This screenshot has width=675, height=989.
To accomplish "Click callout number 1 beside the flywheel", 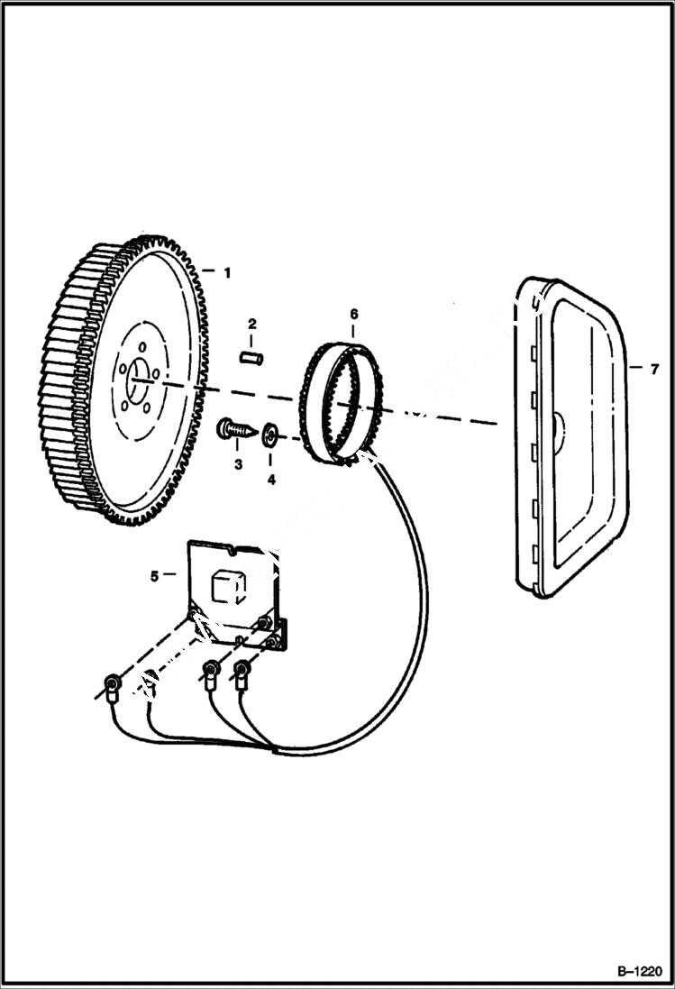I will [228, 271].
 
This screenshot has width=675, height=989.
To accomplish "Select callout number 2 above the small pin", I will [252, 324].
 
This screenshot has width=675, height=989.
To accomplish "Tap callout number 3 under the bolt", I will [239, 465].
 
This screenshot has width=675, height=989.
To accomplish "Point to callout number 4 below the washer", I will [270, 480].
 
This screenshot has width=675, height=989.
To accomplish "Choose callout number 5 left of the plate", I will [154, 574].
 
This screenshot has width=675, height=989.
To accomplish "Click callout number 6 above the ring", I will [354, 314].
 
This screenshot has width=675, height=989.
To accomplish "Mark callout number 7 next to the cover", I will [655, 368].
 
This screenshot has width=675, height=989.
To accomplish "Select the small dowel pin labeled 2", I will [251, 358].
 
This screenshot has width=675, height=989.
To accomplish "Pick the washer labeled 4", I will [269, 438].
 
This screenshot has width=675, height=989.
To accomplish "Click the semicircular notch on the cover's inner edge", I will [558, 425].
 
